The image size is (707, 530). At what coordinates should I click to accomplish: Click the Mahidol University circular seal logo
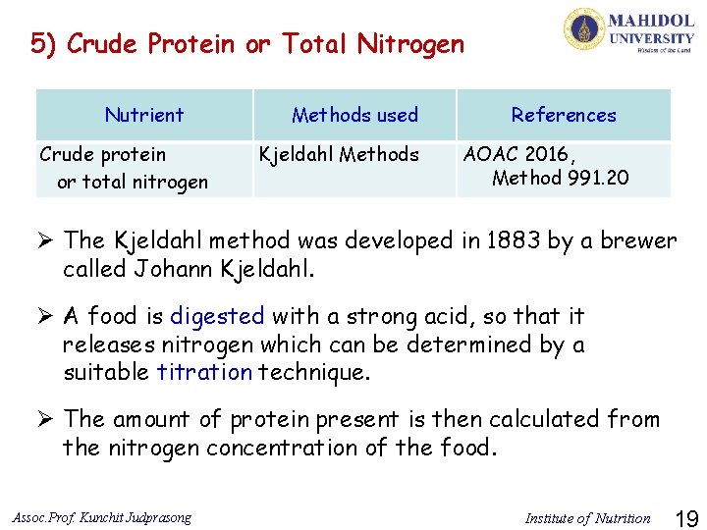pos(584,29)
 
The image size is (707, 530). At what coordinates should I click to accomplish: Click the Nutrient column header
pos(144,115)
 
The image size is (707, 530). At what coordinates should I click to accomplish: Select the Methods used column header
pos(354,115)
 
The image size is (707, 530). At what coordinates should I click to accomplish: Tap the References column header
pos(564,115)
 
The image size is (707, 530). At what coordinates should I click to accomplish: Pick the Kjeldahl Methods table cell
pos(338,154)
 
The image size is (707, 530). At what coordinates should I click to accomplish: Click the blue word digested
pos(217,316)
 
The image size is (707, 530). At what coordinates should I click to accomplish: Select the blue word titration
pos(204,372)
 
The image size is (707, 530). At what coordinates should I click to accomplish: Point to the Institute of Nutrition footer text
pos(587,517)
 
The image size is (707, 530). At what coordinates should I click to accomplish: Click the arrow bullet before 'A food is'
pos(43,316)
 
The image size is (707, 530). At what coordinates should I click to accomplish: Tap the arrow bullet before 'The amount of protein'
pos(43,419)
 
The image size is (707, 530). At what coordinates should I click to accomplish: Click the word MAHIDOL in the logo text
pos(651,21)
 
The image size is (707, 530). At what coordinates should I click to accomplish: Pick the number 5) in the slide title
pos(43,44)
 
